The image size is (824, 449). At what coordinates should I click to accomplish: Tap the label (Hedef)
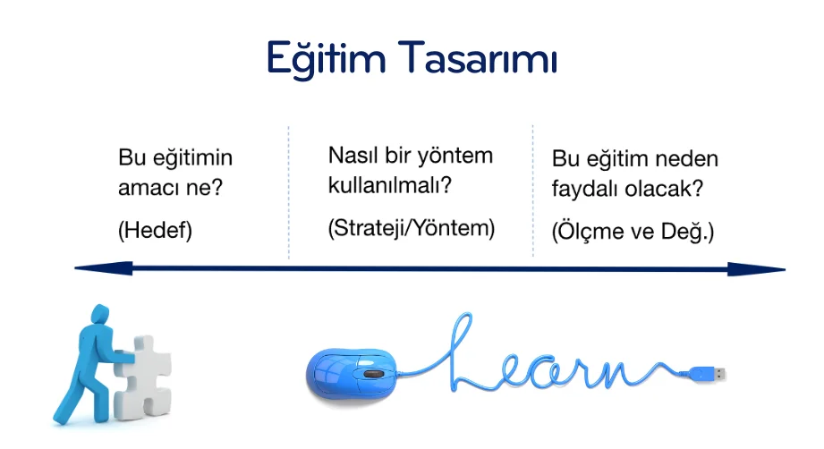click(x=155, y=230)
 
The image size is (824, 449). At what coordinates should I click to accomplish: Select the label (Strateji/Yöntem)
click(x=412, y=228)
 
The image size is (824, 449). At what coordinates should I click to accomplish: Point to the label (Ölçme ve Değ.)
click(x=633, y=231)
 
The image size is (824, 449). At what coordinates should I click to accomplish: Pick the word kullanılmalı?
click(x=390, y=185)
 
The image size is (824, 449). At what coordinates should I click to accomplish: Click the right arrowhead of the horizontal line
click(x=757, y=269)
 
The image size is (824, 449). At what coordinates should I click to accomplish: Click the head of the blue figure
click(x=100, y=315)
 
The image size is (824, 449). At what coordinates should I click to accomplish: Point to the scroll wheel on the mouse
click(x=374, y=373)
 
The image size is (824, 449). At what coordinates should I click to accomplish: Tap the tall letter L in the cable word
click(x=459, y=352)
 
